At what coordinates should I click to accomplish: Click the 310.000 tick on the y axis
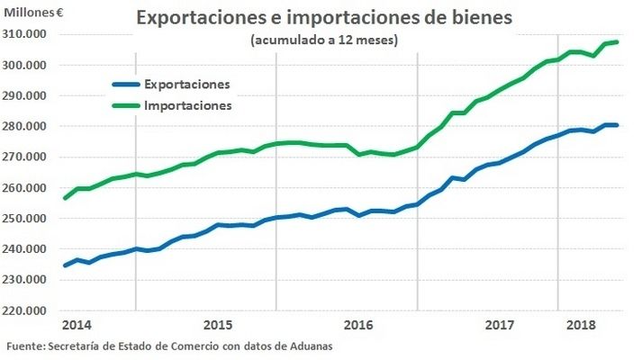[28, 34]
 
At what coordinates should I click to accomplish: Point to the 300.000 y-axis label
[28, 65]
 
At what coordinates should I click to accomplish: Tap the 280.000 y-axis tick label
[28, 126]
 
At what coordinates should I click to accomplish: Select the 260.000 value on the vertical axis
[28, 187]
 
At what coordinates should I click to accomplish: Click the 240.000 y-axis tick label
[28, 248]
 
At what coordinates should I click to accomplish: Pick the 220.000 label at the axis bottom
[28, 310]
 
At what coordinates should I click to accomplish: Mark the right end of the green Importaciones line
[617, 42]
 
